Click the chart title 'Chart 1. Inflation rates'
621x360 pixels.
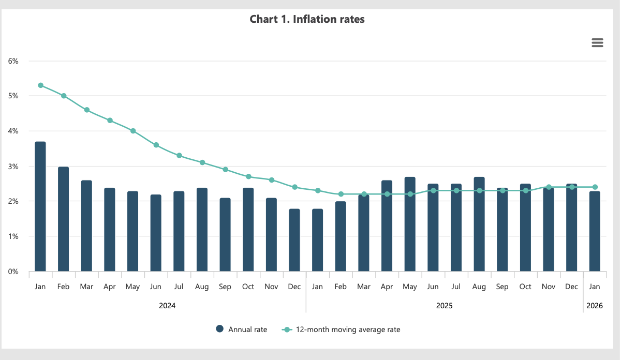pyautogui.click(x=307, y=20)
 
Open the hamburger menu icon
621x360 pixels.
pyautogui.click(x=597, y=43)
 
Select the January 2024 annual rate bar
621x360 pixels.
pyautogui.click(x=40, y=207)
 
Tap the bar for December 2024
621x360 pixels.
pyautogui.click(x=294, y=240)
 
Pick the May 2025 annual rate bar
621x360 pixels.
pyautogui.click(x=410, y=224)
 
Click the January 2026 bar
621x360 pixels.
pyautogui.click(x=595, y=231)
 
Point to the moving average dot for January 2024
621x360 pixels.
pyautogui.click(x=40, y=85)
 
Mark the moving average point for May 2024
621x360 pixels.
pyautogui.click(x=133, y=131)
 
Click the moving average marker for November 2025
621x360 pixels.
pyautogui.click(x=549, y=187)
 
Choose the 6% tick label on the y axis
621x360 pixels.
pyautogui.click(x=13, y=61)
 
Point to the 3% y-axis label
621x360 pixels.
pyautogui.click(x=13, y=167)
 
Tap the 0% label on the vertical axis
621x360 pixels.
pyautogui.click(x=13, y=272)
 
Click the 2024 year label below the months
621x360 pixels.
pyautogui.click(x=167, y=306)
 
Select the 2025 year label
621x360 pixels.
pyautogui.click(x=444, y=306)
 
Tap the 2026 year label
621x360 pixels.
pyautogui.click(x=595, y=306)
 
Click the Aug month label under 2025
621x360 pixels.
pyautogui.click(x=479, y=287)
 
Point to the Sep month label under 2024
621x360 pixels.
pyautogui.click(x=225, y=287)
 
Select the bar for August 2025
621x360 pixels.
pyautogui.click(x=479, y=224)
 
